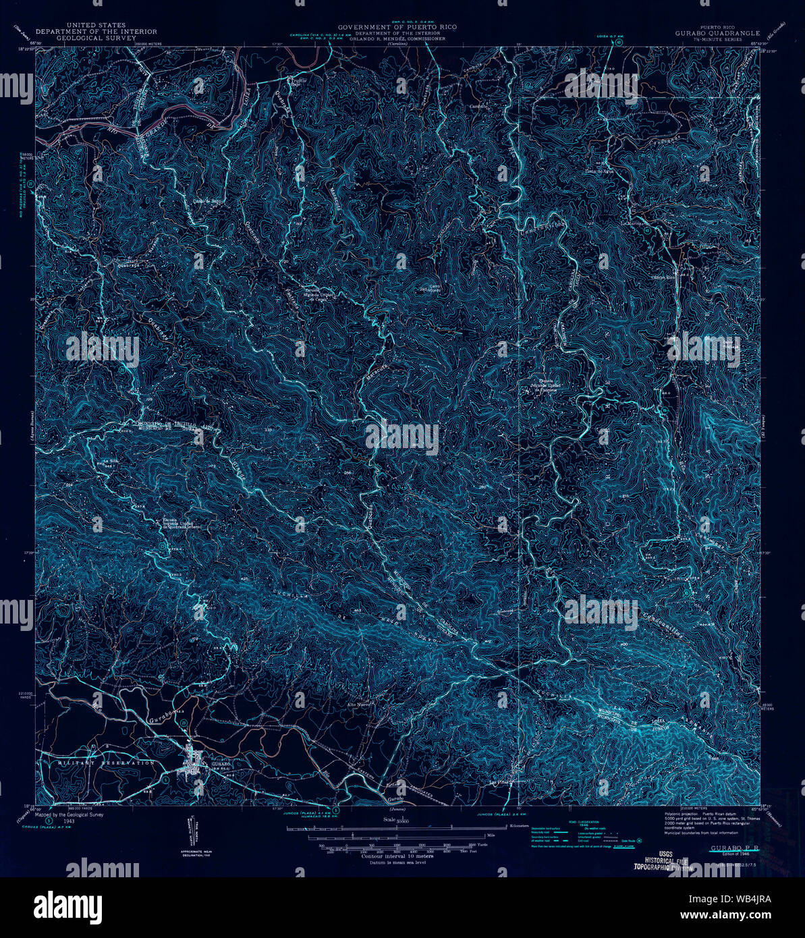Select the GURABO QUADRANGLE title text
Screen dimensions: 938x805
[x=717, y=32]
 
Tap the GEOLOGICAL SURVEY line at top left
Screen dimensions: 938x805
[x=96, y=38]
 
